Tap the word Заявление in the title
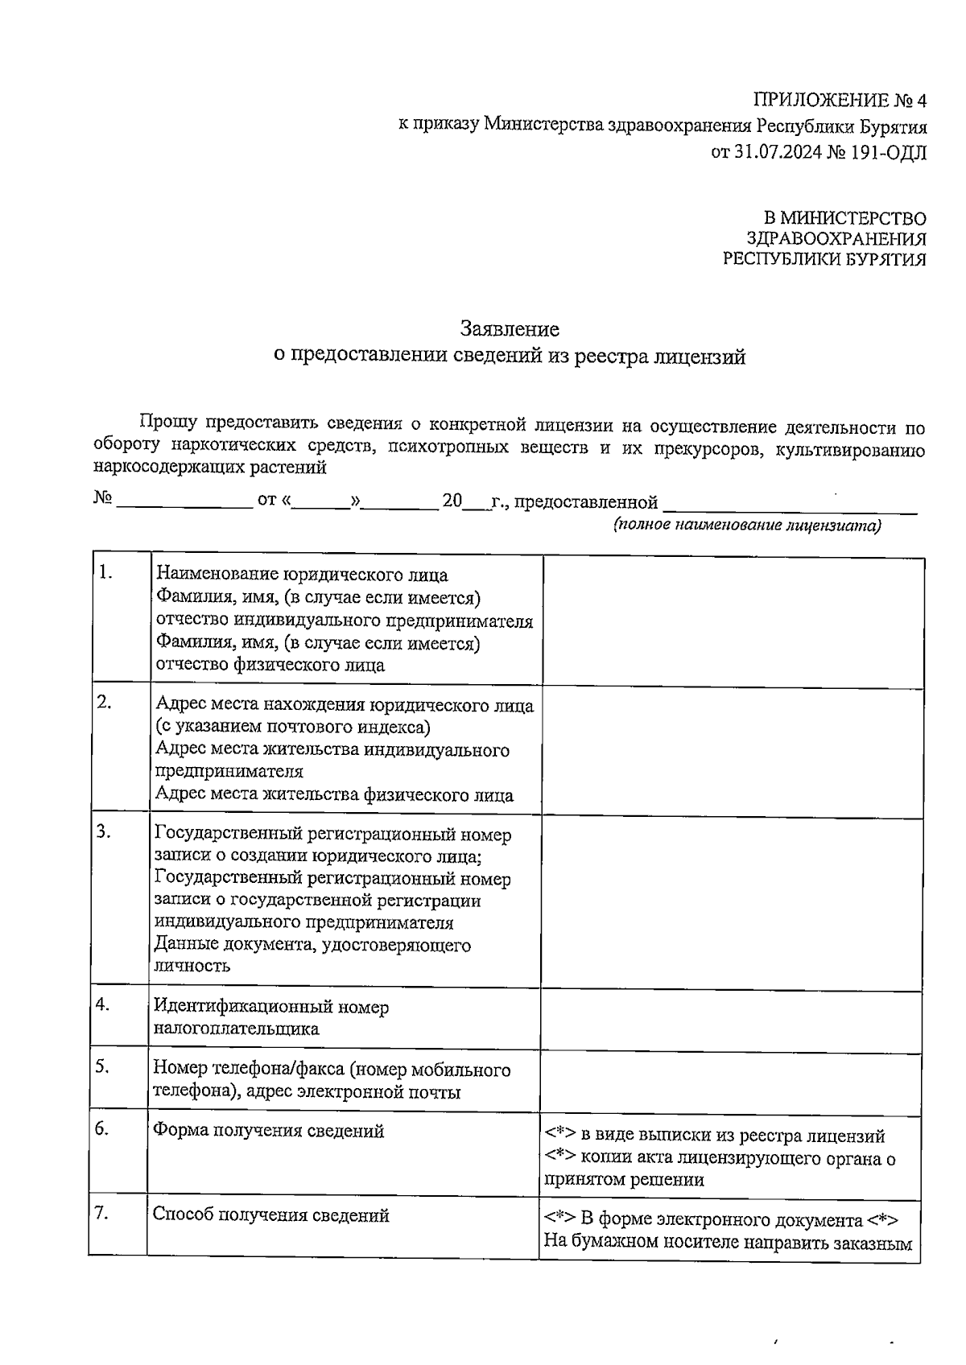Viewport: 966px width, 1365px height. (x=510, y=329)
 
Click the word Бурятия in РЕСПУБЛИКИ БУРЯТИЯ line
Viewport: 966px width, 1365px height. (x=881, y=259)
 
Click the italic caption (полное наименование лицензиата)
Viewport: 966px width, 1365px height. (x=746, y=526)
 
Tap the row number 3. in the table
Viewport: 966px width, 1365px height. (x=104, y=833)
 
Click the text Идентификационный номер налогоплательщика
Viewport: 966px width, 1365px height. (x=270, y=1017)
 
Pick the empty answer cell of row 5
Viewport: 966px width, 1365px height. (x=730, y=1080)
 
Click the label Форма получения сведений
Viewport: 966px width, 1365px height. (x=268, y=1131)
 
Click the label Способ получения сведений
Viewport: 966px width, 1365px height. (x=270, y=1215)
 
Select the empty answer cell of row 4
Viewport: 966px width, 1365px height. (x=730, y=1018)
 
